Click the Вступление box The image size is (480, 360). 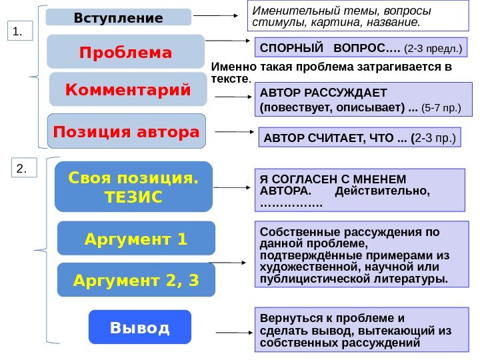click(118, 17)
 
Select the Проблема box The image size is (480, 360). click(126, 52)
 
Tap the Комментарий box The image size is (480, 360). click(128, 89)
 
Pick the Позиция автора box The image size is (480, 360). click(127, 132)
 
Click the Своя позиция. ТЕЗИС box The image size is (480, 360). click(134, 187)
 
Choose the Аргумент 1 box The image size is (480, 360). click(136, 238)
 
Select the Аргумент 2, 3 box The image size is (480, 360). click(136, 279)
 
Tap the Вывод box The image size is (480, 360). click(139, 327)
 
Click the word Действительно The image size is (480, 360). click(383, 191)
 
